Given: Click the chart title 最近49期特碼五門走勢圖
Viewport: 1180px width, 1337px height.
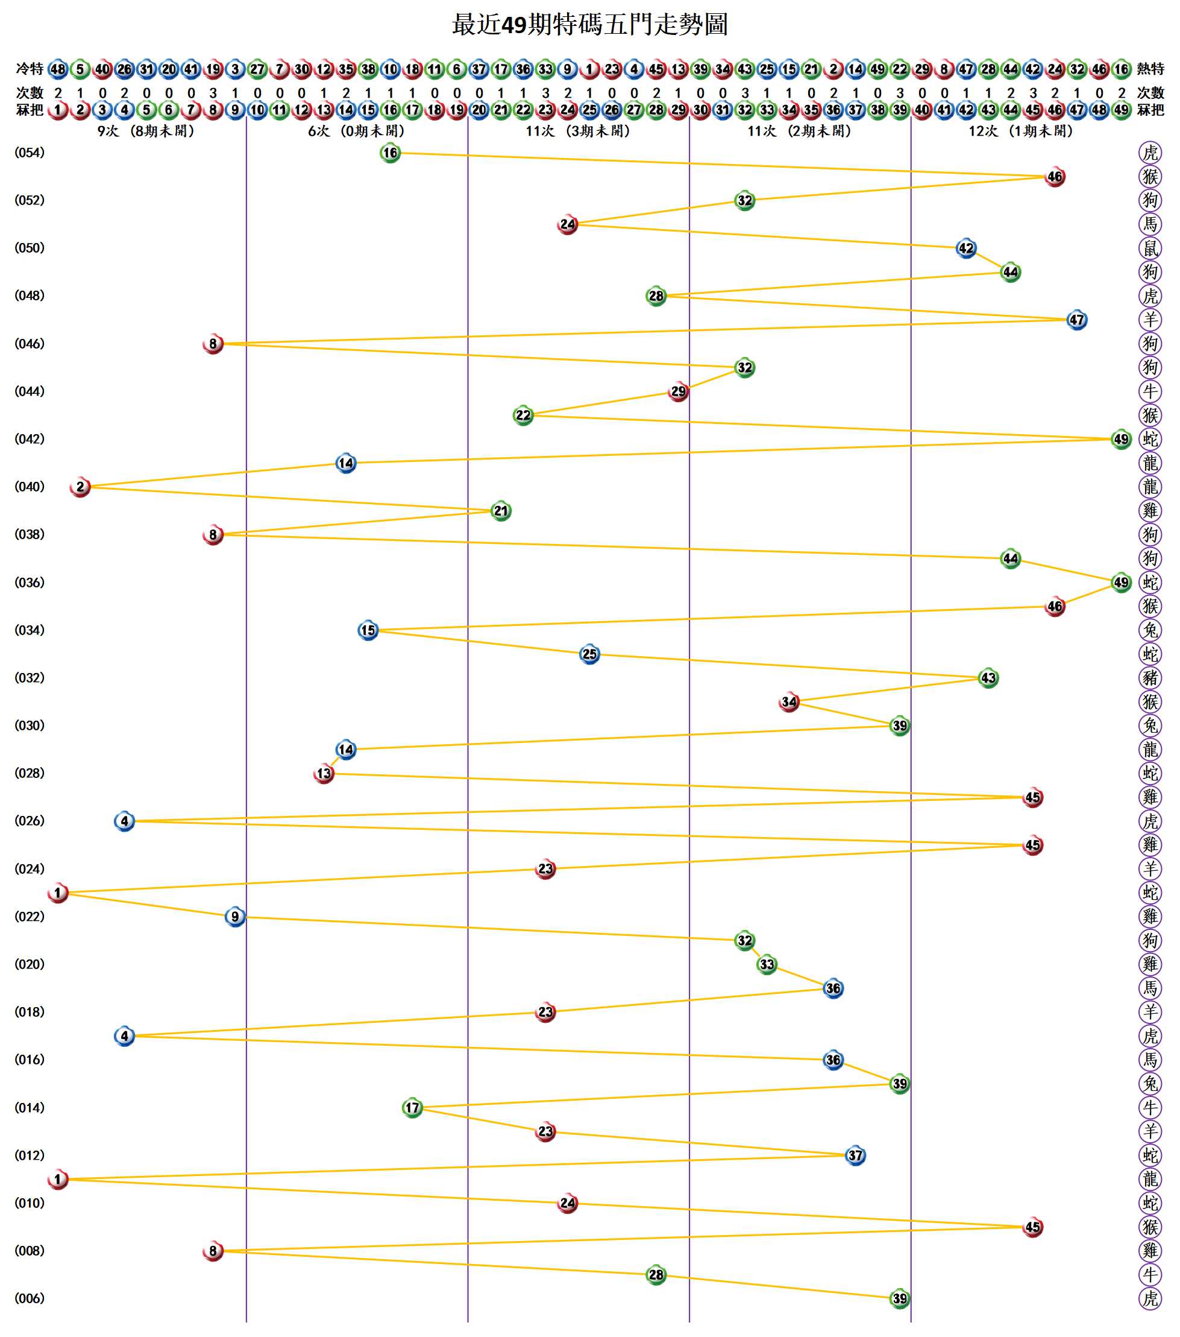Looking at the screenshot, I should click(589, 25).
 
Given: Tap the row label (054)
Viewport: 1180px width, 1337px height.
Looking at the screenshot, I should click(30, 153).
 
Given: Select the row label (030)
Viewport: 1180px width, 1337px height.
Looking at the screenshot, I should click(30, 725).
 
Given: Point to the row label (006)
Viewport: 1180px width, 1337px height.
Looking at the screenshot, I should click(30, 1298).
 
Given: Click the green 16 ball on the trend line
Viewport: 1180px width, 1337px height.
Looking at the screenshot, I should click(390, 153).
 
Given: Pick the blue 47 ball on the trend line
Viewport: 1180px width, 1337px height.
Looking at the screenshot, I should click(1077, 320).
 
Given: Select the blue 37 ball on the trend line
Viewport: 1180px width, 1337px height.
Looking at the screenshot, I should click(855, 1156).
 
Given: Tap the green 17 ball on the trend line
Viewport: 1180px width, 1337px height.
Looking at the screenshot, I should click(412, 1108).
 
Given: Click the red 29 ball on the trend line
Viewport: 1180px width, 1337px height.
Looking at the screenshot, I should click(678, 392).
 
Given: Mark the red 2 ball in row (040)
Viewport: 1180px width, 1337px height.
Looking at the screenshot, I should click(80, 487).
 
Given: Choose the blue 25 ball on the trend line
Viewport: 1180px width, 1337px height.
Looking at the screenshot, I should click(589, 654).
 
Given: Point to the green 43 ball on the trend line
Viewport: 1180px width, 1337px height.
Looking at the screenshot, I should click(988, 678).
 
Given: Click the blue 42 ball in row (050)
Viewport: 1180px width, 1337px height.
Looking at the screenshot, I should click(965, 248).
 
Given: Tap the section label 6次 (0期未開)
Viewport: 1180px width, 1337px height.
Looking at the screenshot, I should click(356, 131).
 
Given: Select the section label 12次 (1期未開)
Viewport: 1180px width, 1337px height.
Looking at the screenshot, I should click(1020, 131).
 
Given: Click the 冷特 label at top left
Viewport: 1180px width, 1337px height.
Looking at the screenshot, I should click(30, 69).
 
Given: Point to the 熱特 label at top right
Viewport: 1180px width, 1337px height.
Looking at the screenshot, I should click(1150, 69).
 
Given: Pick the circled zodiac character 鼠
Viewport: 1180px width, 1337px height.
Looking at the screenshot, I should click(1150, 248).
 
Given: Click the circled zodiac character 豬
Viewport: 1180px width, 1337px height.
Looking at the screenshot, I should click(1150, 678).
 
